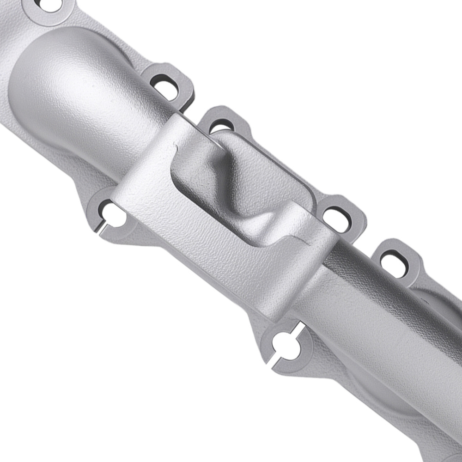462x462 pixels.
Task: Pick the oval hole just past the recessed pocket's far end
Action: click(336, 216)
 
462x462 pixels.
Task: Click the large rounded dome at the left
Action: click(69, 83)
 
